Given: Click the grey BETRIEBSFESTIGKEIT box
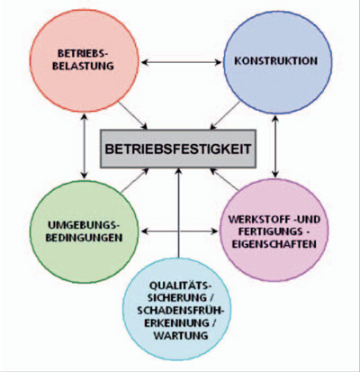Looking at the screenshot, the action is [x=178, y=149].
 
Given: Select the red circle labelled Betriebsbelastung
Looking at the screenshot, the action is [x=85, y=60].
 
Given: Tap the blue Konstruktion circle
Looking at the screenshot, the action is [x=277, y=62].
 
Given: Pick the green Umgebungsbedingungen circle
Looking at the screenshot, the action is [x=85, y=231].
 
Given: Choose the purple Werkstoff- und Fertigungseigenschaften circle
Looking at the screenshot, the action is [x=274, y=230].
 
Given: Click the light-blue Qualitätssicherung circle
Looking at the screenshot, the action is [x=176, y=309].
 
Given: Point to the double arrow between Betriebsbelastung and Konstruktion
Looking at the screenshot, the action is [x=181, y=62].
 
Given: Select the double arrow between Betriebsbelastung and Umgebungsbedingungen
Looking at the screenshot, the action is [x=85, y=146].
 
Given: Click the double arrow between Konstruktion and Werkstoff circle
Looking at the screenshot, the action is [x=275, y=146].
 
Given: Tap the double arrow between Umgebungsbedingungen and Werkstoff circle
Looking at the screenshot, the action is [x=179, y=231].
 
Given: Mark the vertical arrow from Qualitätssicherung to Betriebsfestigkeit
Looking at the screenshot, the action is [x=178, y=213].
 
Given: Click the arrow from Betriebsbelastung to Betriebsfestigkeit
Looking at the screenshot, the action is [x=133, y=116].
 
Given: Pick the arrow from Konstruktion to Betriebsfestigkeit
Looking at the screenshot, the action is [x=225, y=115].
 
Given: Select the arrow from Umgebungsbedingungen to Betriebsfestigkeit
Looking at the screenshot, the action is [x=135, y=180].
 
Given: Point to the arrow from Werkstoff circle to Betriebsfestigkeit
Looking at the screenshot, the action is [x=224, y=179].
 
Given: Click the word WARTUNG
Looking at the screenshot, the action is [x=181, y=335].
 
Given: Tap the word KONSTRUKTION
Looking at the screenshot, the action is [x=275, y=61].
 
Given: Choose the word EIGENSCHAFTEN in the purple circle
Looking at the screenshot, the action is [x=274, y=244].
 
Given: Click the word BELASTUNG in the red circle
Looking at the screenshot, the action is [x=83, y=66].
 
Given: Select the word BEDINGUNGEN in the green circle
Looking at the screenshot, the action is [x=84, y=238].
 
